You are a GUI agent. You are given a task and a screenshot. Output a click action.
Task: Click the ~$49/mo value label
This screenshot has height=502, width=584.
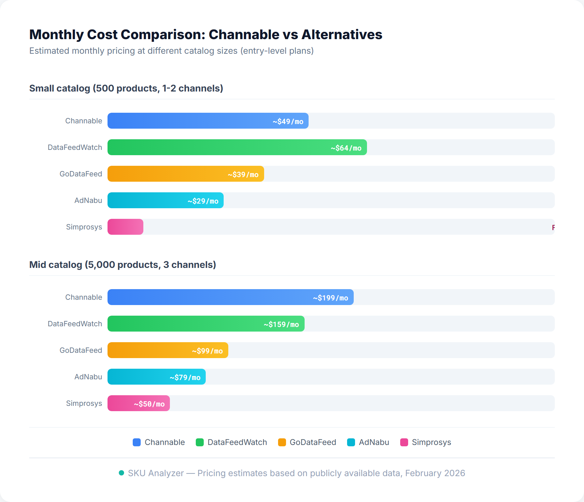288,121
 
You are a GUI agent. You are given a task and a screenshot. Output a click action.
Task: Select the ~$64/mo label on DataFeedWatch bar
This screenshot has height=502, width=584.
346,148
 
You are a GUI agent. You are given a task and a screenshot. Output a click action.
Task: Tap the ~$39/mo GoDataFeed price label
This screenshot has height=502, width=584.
243,174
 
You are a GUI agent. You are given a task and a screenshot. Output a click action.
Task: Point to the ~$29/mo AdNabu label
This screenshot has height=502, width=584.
203,201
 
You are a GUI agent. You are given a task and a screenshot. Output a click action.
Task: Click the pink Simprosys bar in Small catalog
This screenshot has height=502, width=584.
125,227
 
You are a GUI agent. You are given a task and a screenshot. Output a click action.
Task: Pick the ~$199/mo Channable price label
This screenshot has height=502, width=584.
330,298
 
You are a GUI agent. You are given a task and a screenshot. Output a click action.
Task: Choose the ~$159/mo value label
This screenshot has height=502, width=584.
281,324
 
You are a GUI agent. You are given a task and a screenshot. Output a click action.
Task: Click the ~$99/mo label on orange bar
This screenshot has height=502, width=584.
207,351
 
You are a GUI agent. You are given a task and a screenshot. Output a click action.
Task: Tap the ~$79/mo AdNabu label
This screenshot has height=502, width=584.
185,377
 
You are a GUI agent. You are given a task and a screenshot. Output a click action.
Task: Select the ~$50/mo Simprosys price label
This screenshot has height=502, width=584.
149,404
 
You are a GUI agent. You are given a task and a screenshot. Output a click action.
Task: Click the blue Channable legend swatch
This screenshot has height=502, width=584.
137,442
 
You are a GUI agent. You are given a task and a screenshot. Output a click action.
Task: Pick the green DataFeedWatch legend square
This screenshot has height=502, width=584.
200,442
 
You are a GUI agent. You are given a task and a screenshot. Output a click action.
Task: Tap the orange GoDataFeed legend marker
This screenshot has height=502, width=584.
282,442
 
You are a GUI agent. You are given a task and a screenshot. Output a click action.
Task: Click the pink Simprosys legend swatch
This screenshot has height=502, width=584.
404,442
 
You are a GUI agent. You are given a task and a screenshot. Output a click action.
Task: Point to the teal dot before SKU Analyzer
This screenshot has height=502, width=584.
121,473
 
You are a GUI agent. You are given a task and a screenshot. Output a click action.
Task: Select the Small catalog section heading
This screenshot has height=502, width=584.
126,88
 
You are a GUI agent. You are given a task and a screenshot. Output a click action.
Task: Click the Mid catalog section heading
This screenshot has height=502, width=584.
122,265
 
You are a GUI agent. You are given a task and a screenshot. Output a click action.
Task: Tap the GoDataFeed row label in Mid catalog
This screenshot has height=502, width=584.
81,350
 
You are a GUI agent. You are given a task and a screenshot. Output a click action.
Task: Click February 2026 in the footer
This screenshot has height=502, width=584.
435,473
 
